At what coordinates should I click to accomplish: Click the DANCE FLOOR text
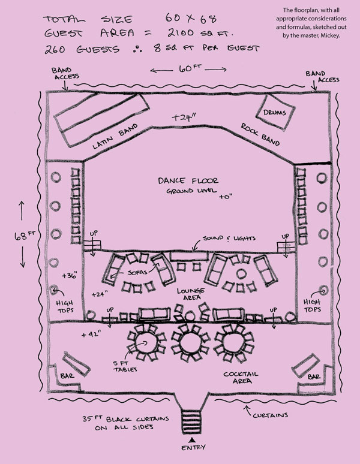coord(188,180)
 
